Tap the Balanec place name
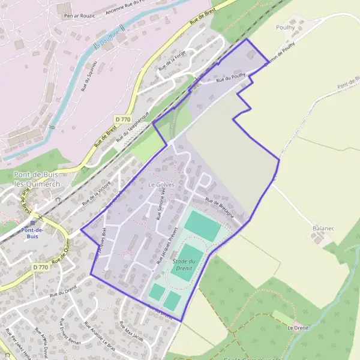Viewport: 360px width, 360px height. (323, 229)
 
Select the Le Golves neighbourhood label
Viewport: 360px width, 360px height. (161, 185)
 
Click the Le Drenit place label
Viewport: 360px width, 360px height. (298, 328)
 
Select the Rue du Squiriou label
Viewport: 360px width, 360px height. (90, 79)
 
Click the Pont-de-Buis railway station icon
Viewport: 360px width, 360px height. (32, 222)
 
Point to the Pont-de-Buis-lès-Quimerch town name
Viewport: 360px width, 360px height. (37, 179)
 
